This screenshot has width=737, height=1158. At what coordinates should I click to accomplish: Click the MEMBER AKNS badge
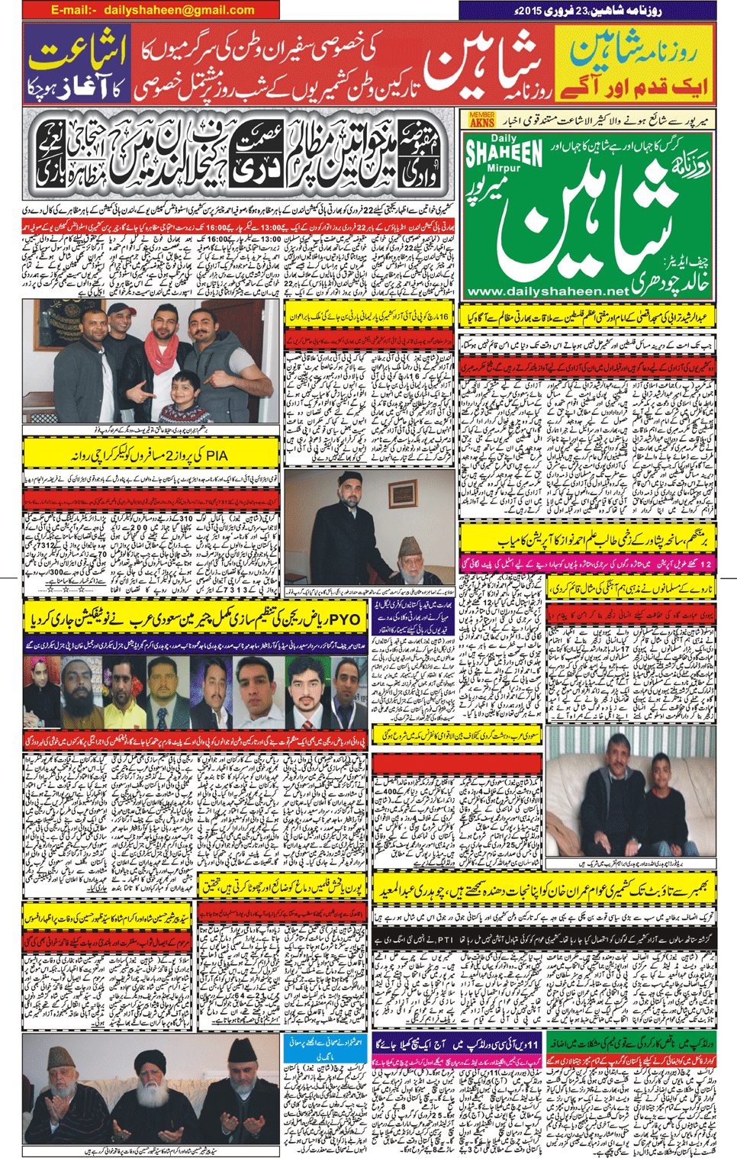pyautogui.click(x=482, y=120)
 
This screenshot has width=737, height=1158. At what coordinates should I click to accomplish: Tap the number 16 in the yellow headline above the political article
pyautogui.click(x=443, y=316)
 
